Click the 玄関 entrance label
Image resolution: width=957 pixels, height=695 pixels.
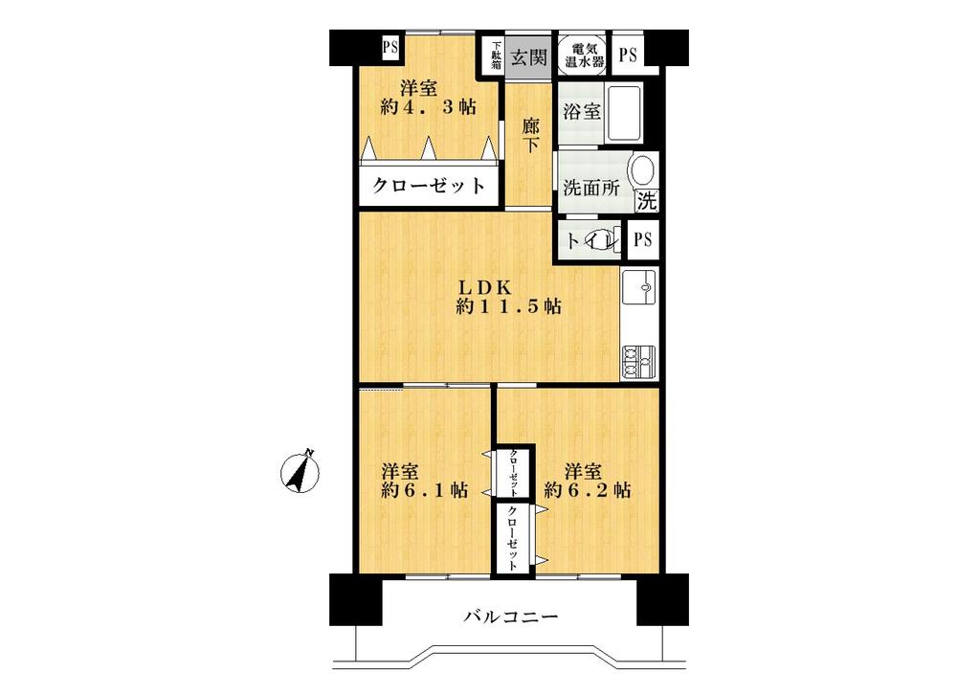[x=527, y=56]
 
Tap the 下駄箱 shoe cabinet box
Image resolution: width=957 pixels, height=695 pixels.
[x=497, y=56]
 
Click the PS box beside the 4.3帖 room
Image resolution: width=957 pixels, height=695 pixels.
[x=390, y=46]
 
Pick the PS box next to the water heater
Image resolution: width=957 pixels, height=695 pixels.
[x=627, y=56]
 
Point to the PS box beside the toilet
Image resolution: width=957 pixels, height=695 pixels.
[x=641, y=239]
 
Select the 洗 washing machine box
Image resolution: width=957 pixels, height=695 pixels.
[x=648, y=202]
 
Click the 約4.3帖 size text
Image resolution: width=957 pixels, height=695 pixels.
[x=428, y=107]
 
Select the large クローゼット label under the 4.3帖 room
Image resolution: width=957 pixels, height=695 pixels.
[x=428, y=186]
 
